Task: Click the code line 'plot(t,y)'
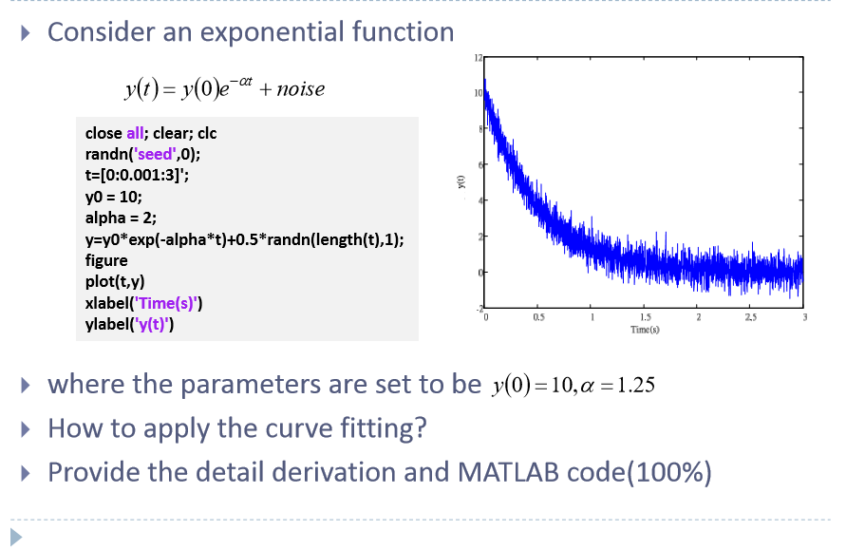(x=115, y=282)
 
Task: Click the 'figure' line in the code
(x=106, y=260)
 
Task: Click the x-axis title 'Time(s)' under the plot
(x=645, y=329)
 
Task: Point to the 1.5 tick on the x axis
(x=645, y=317)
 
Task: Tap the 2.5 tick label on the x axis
(x=751, y=317)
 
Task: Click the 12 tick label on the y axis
(x=479, y=59)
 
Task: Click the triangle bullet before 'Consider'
(x=27, y=33)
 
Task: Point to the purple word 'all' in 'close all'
(x=136, y=134)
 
